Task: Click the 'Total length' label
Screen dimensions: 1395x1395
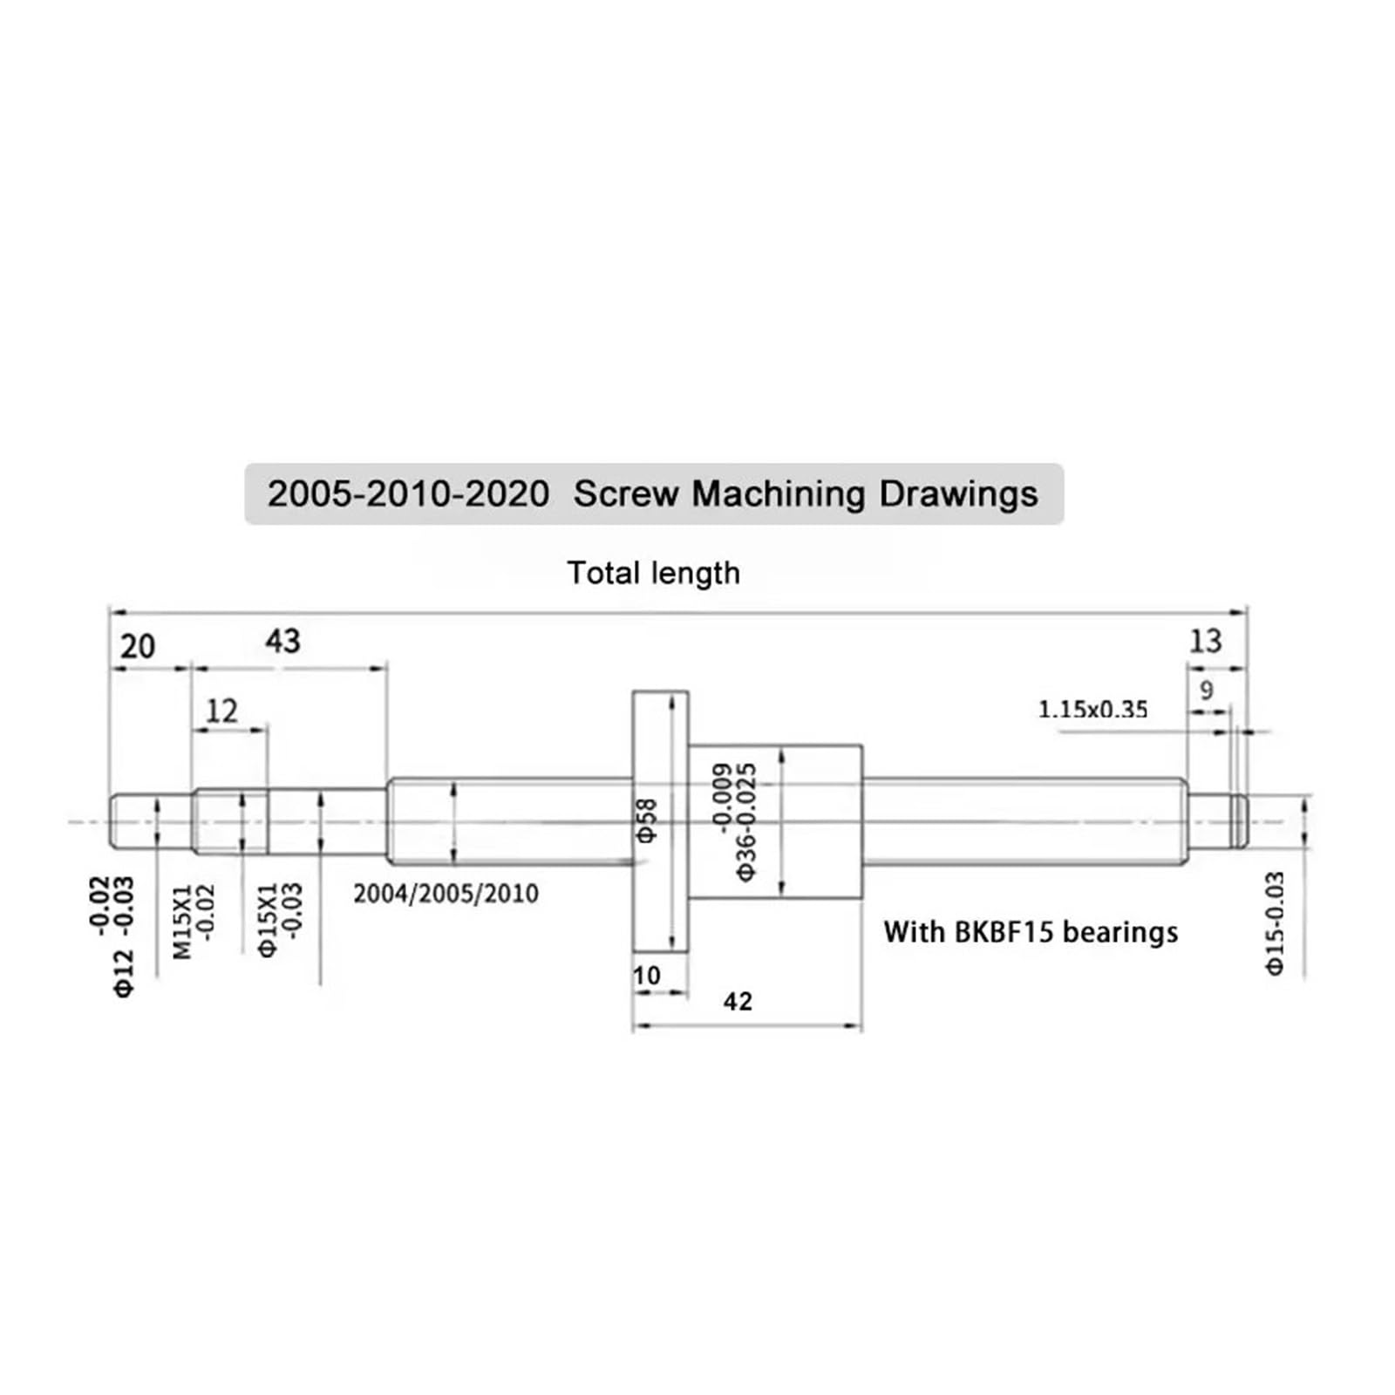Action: [653, 573]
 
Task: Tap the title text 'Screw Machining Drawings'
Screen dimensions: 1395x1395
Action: [805, 494]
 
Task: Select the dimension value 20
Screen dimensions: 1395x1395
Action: [137, 646]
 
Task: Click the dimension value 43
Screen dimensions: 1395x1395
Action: [282, 642]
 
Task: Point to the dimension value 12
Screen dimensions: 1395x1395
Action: [221, 711]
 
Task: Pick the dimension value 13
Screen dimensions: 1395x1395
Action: [1205, 642]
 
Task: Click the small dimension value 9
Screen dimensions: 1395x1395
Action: [1206, 691]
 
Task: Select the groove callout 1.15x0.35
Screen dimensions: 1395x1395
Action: [1092, 709]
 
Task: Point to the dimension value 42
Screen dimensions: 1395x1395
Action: [737, 1001]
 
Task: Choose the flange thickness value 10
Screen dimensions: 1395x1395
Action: [647, 975]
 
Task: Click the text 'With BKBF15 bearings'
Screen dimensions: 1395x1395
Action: [1030, 932]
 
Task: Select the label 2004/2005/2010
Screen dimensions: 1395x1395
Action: [446, 894]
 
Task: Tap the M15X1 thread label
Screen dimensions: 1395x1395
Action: [181, 922]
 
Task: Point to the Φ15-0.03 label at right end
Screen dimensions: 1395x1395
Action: [1275, 923]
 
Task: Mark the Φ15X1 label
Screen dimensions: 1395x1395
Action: [268, 921]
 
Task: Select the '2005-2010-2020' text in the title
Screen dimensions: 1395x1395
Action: [408, 494]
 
